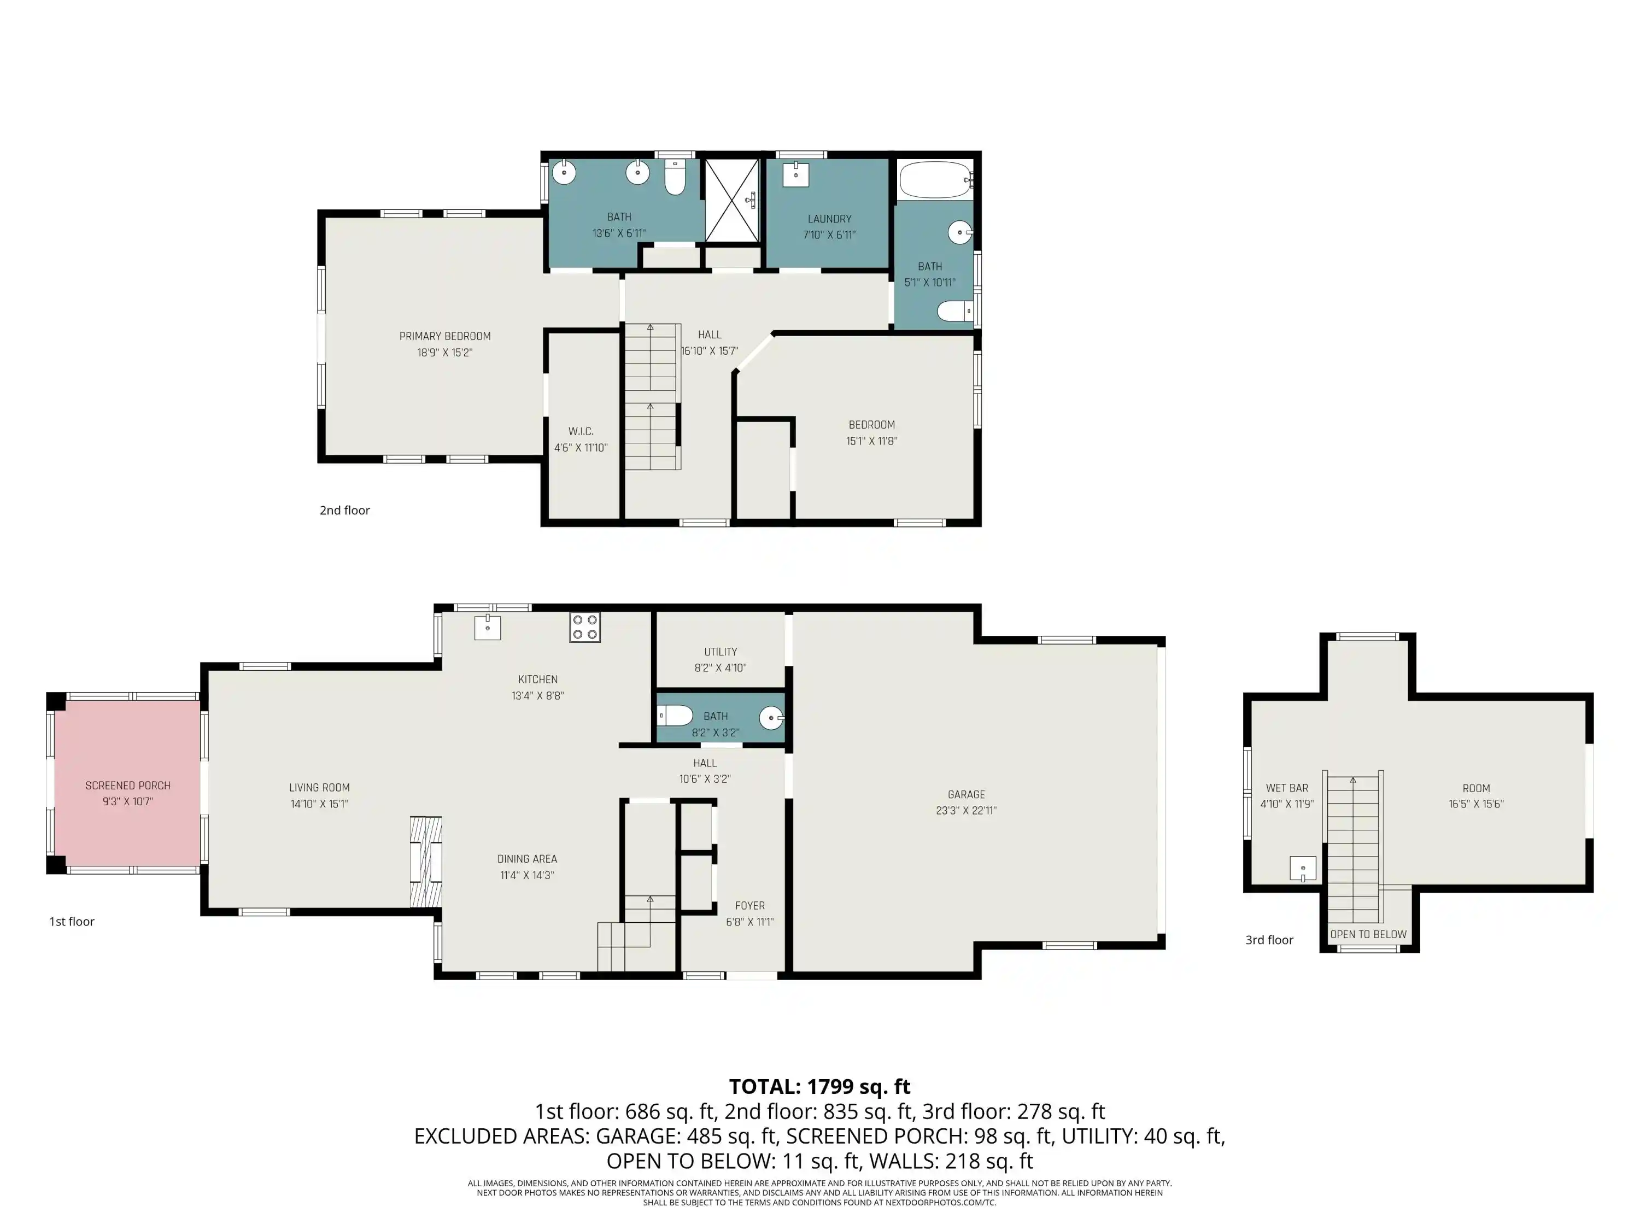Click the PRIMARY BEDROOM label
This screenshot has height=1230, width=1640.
445,336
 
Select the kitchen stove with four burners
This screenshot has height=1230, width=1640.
584,626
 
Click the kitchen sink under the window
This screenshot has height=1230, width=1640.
488,627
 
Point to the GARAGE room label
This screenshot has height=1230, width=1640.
966,794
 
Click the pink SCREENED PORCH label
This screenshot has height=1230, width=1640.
127,785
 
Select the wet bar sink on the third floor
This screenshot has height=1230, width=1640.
1303,868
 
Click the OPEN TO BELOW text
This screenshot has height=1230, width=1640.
1368,934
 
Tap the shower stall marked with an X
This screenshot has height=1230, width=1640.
732,200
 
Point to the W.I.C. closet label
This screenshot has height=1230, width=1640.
581,431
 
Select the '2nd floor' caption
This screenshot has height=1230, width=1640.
345,510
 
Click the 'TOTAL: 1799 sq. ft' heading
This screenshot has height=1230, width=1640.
819,1087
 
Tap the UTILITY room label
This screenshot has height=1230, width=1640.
721,652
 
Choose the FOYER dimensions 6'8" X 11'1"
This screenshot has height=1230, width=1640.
749,922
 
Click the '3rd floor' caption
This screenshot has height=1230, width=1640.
1269,940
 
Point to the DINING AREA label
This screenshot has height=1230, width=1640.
527,859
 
